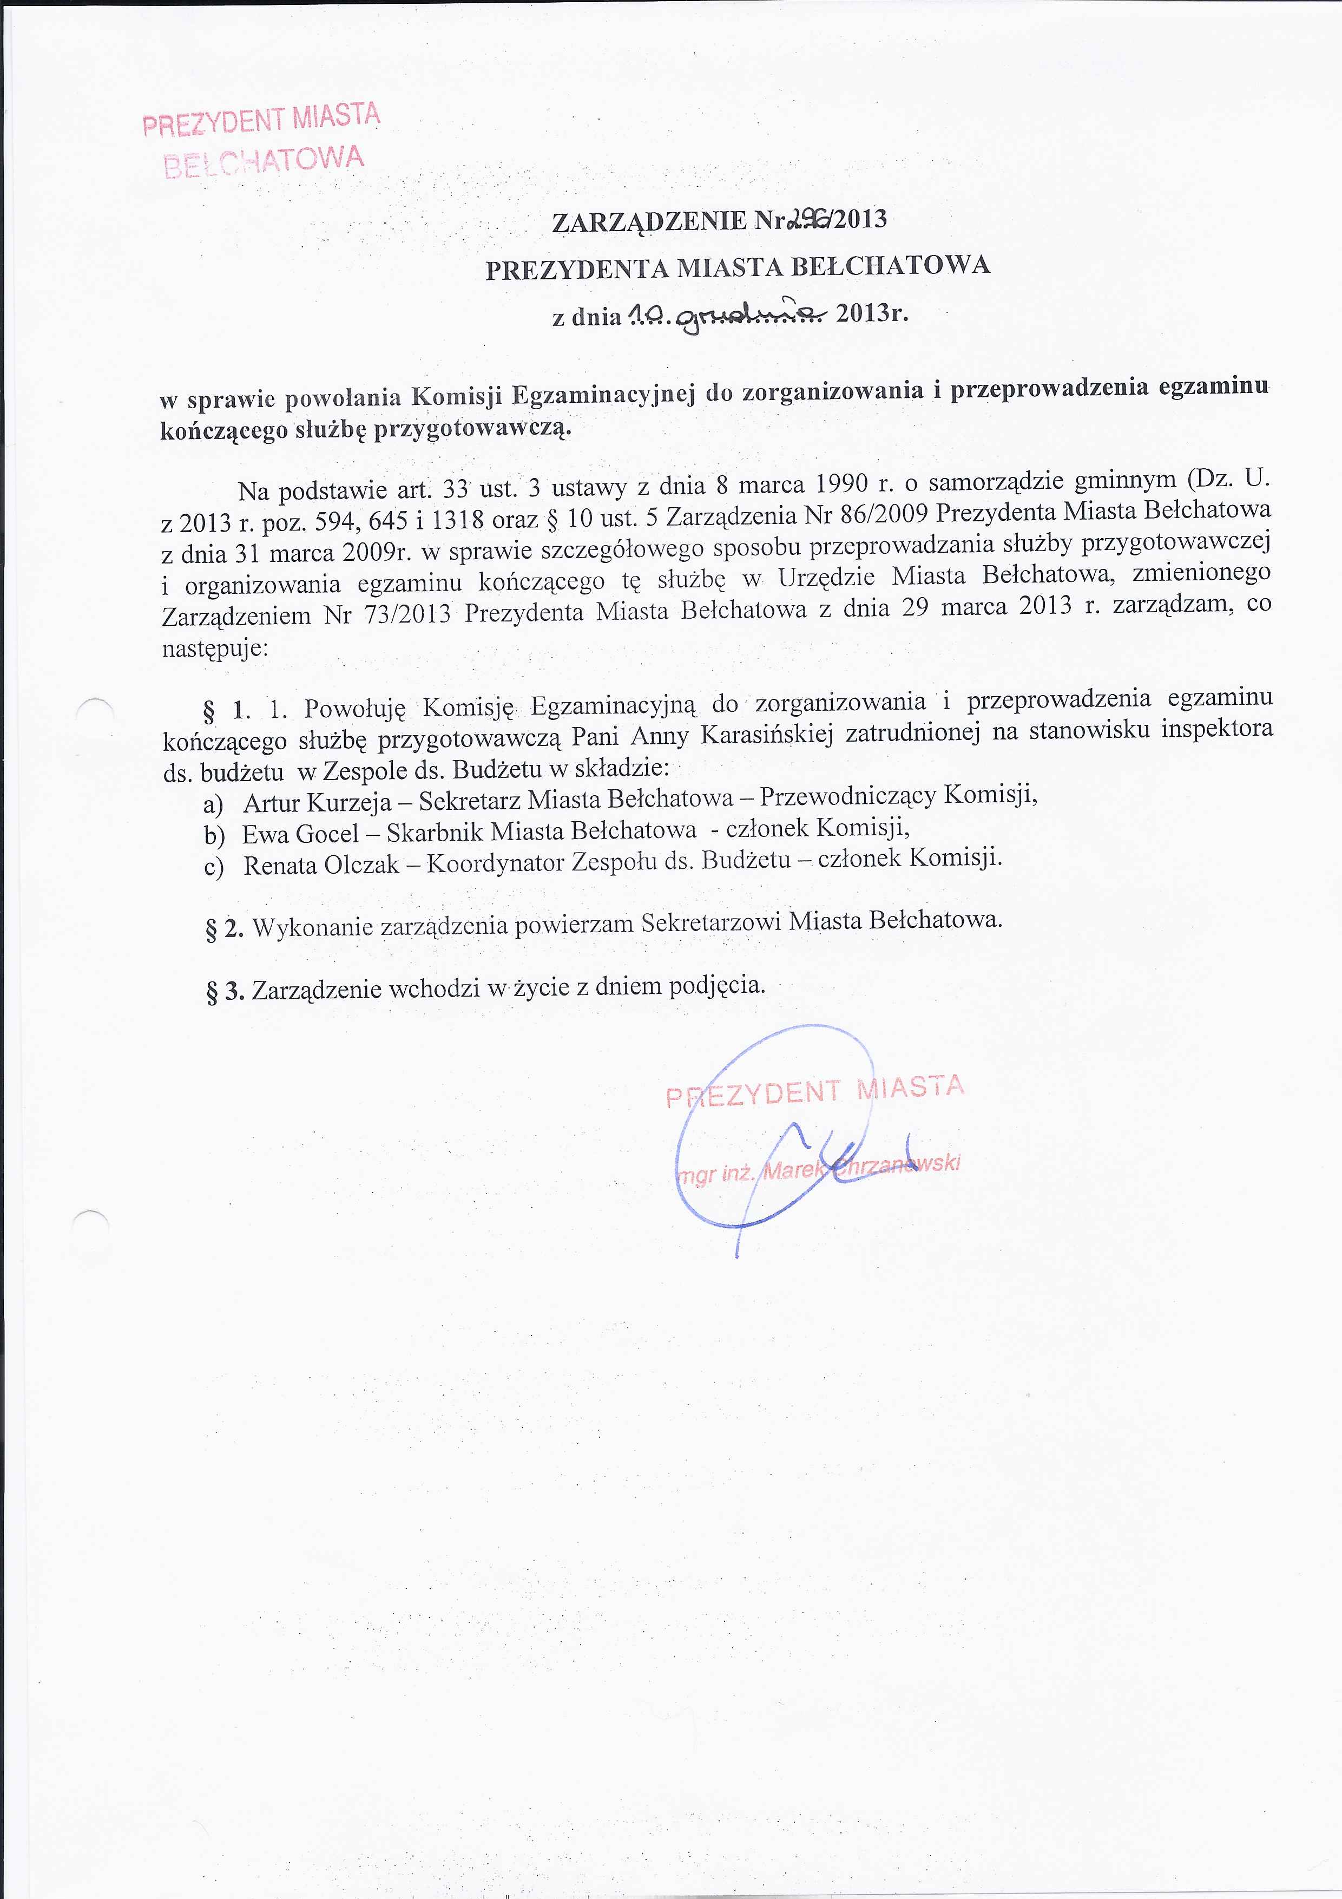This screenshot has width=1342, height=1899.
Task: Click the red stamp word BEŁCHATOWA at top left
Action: (264, 162)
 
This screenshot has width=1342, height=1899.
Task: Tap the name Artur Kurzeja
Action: (317, 802)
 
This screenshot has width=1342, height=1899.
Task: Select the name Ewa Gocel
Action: (300, 834)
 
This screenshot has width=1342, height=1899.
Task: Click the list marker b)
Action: (215, 835)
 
